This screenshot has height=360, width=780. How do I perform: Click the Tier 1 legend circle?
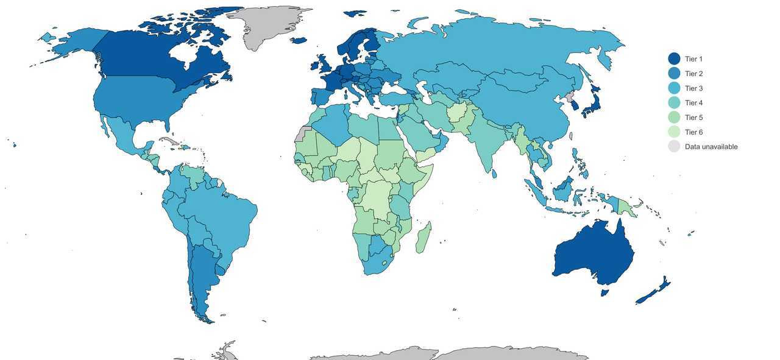click(674, 58)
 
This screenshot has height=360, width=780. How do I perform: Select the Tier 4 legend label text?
click(693, 103)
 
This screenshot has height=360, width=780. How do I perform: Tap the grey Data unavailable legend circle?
click(674, 147)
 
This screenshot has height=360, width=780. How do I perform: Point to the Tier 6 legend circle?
click(674, 132)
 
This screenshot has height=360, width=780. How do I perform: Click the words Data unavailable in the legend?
click(711, 147)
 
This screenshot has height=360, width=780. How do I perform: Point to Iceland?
click(299, 41)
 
